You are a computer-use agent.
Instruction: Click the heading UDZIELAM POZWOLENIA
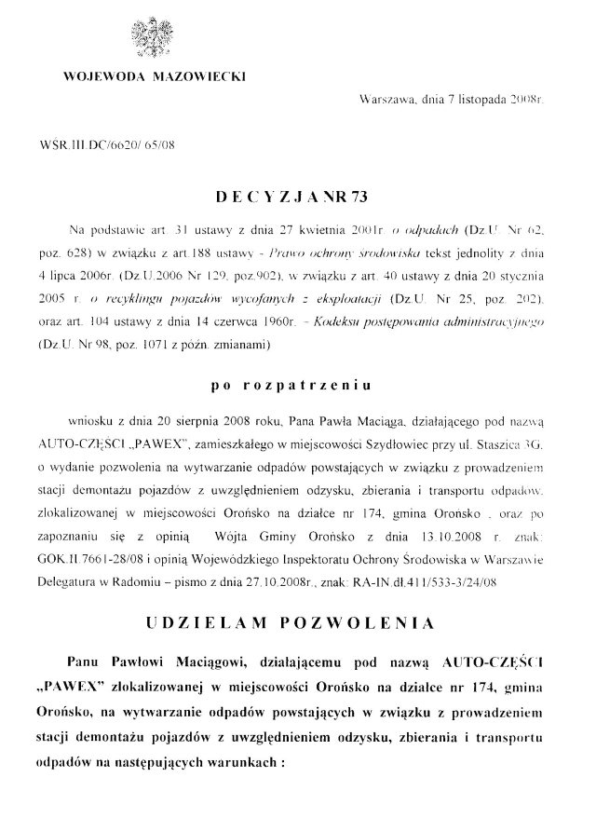[298, 620]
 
